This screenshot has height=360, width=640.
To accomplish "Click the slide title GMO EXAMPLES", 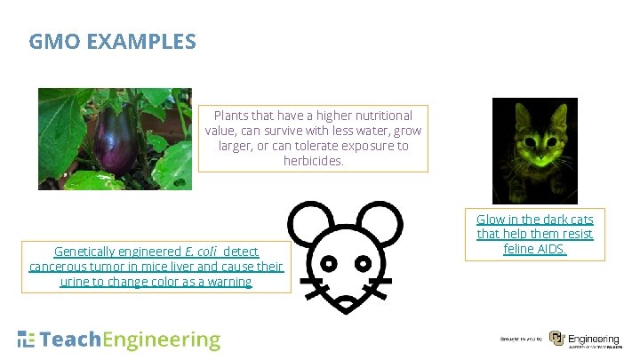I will pyautogui.click(x=112, y=41).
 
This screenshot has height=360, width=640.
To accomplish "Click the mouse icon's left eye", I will pyautogui.click(x=329, y=263).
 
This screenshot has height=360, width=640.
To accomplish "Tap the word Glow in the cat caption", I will pyautogui.click(x=492, y=219).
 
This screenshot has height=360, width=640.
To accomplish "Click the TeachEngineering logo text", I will pyautogui.click(x=119, y=340).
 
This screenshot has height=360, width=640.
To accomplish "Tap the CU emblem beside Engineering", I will pyautogui.click(x=556, y=339).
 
